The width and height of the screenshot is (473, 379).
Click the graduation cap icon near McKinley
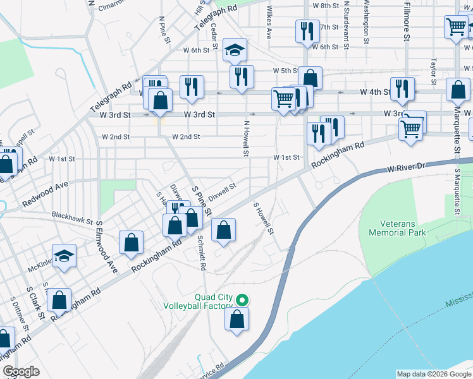(x=64, y=256)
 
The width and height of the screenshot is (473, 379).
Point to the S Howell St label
(x=262, y=218)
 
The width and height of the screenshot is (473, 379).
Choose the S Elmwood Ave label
(x=106, y=246)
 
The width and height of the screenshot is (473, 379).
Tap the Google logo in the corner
(x=21, y=371)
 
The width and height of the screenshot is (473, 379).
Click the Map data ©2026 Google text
(x=434, y=374)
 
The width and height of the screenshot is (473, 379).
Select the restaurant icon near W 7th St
(x=306, y=31)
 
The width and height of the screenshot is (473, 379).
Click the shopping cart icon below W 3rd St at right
(x=411, y=129)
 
